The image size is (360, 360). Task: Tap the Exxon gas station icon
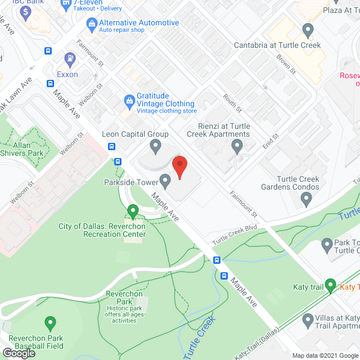click(x=70, y=57)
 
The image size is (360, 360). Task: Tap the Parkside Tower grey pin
click(x=165, y=181)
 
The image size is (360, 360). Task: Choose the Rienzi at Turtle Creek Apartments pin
click(x=237, y=147)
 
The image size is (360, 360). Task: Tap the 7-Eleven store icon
click(x=66, y=6)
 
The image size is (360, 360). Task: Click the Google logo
click(x=19, y=353)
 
